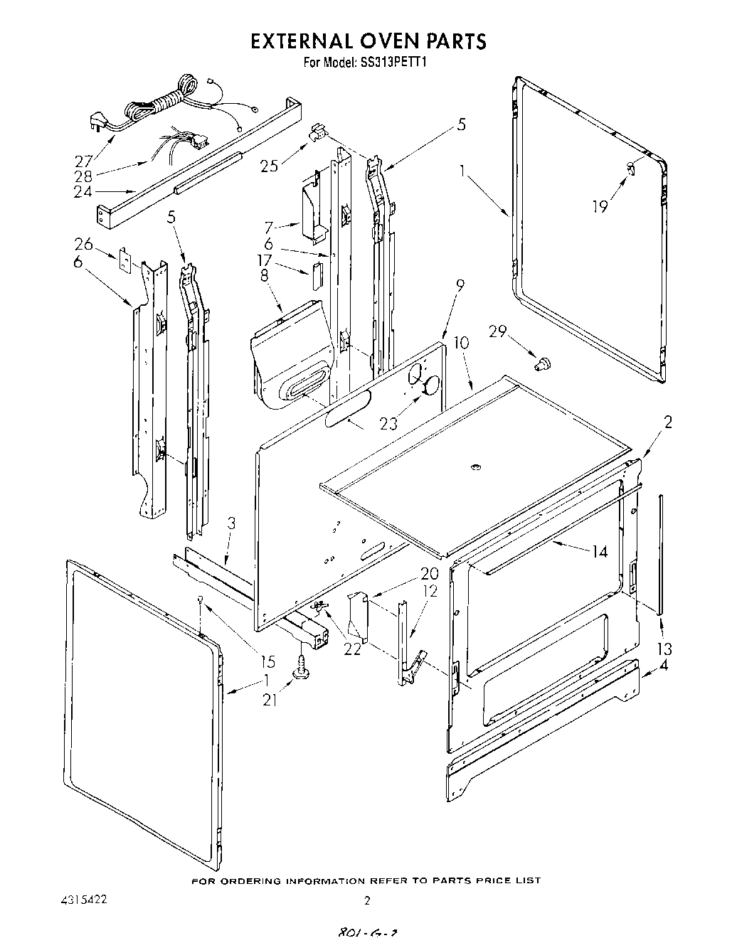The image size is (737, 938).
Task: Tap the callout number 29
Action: pyautogui.click(x=498, y=331)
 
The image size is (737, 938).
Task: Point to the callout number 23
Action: pyautogui.click(x=388, y=424)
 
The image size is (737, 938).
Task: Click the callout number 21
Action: pyautogui.click(x=270, y=700)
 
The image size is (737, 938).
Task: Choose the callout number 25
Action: pyautogui.click(x=270, y=166)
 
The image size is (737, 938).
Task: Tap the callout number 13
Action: pyautogui.click(x=664, y=649)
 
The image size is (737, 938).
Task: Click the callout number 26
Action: pyautogui.click(x=83, y=245)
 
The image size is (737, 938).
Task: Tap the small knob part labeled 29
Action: pyautogui.click(x=544, y=364)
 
